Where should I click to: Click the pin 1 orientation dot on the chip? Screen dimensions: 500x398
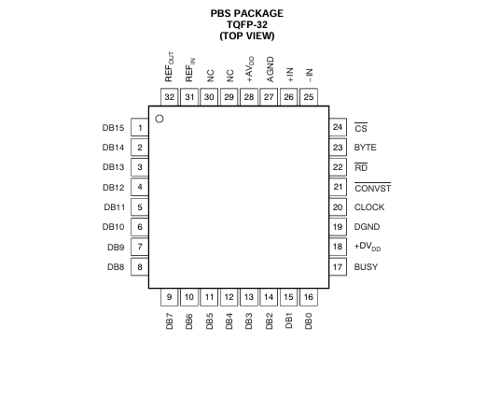pos(160,119)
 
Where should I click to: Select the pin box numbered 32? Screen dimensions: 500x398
pos(170,97)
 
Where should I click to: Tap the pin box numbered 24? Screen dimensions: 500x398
pos(338,127)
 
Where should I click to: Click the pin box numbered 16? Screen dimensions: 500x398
pos(309,297)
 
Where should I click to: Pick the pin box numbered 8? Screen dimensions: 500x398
pos(140,266)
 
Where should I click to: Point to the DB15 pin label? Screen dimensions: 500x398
pos(113,128)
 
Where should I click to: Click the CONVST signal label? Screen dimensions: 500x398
pos(373,188)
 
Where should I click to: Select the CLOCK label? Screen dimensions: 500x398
pos(369,207)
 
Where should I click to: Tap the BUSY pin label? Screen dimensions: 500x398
pos(366,266)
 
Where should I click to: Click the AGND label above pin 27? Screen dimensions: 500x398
pos(270,69)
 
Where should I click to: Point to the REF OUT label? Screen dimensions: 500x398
pos(170,66)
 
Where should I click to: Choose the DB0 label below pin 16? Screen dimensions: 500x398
pos(309,321)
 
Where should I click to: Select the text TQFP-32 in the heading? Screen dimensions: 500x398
pos(247,24)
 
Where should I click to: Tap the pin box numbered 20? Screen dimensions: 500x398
pos(338,207)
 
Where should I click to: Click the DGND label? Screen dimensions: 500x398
pos(367,227)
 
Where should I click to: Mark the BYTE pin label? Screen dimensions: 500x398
pos(366,148)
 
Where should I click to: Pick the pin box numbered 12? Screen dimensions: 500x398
pos(229,297)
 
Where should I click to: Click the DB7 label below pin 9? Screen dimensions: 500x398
pos(170,321)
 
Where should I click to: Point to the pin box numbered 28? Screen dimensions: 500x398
pos(249,97)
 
